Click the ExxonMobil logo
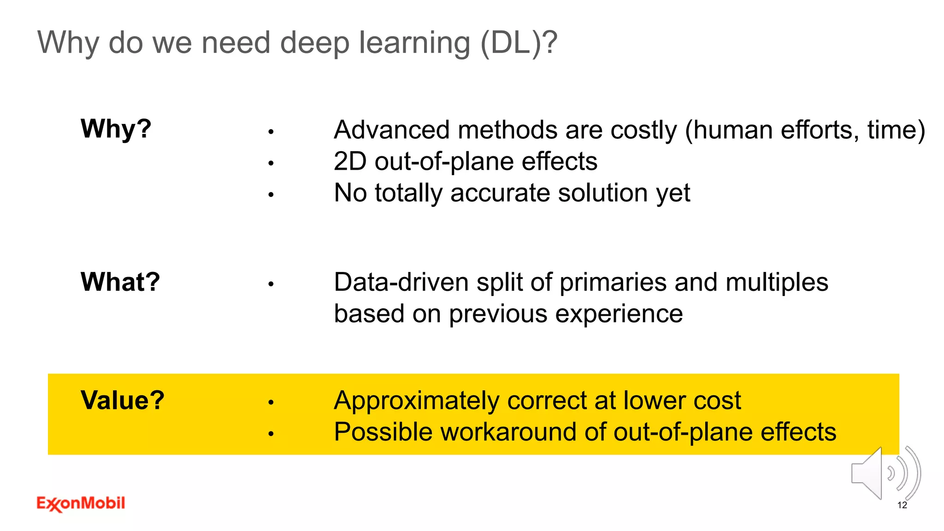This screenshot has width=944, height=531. [x=81, y=503]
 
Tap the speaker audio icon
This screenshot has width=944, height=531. [x=885, y=473]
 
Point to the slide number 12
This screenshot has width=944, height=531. [x=902, y=505]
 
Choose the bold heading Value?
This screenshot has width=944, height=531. [x=122, y=400]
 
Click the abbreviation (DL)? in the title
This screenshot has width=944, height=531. [x=519, y=43]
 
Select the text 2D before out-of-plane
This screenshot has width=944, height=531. [x=350, y=161]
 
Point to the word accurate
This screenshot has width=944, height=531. [x=500, y=193]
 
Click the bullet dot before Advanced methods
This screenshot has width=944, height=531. [x=271, y=132]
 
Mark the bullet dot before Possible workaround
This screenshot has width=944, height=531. [x=271, y=434]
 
